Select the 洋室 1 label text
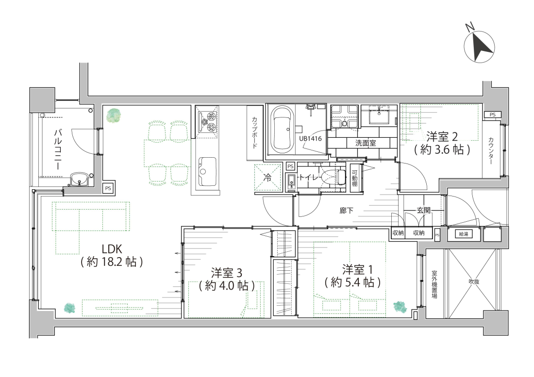point(358,270)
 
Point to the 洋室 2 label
point(442,137)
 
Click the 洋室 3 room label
point(227,273)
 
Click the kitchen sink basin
point(207,171)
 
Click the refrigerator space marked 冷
point(268,177)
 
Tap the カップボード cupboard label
point(254,132)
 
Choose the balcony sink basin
point(79,179)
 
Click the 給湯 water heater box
point(464,234)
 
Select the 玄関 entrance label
point(423,211)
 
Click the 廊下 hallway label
point(346,211)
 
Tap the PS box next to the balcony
point(108,188)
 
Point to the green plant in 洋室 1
point(400,306)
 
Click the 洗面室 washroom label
point(366,143)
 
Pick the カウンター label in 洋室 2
point(491,151)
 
